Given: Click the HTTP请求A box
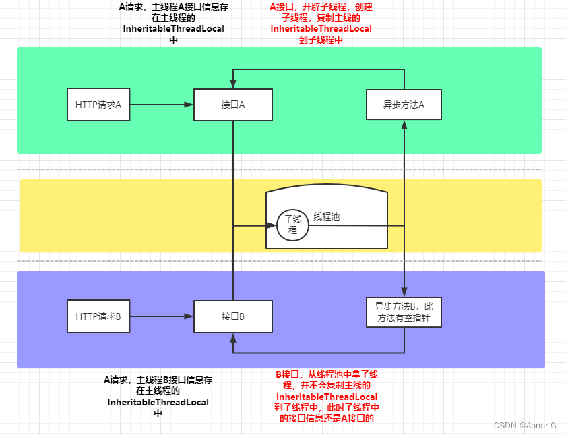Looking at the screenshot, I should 98,105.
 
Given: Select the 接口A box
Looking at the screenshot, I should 232,105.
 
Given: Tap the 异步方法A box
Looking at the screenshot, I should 404,105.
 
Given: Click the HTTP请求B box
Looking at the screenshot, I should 98,316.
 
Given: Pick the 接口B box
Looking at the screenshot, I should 232,316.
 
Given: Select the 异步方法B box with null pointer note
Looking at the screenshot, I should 404,312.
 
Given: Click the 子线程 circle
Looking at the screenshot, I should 292,225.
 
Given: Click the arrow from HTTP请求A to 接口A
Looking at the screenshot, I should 162,105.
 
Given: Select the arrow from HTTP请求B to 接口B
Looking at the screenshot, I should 162,316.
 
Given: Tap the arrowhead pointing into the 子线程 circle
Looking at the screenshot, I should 272,225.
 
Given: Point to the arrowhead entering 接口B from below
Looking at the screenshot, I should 232,337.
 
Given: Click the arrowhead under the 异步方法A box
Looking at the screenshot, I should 404,125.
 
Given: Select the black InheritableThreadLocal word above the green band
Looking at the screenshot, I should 174,30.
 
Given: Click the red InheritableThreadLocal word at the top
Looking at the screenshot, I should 321,29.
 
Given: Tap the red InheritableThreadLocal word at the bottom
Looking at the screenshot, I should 327,397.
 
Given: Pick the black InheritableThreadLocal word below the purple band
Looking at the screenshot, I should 158,402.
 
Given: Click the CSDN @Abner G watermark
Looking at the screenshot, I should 525,426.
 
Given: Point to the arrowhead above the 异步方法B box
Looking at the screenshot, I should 404,292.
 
